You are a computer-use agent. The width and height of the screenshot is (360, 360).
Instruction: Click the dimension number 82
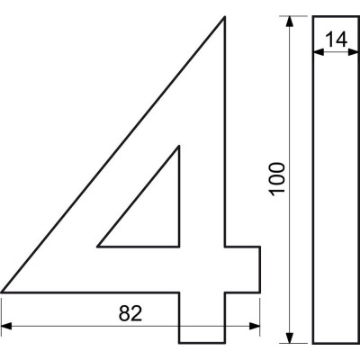point(130,313)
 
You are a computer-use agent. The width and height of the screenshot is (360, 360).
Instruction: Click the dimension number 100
point(276,179)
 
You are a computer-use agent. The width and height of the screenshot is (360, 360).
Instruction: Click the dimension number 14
point(337,40)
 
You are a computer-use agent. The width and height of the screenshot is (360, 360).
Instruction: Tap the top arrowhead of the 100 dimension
point(289,22)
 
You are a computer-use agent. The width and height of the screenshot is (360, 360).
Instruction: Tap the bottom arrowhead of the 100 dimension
point(289,337)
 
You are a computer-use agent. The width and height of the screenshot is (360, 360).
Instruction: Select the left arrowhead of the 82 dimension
point(6,326)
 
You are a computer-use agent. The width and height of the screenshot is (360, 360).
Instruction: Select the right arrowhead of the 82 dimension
point(255,326)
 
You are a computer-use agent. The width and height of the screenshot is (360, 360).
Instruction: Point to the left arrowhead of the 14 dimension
point(319,52)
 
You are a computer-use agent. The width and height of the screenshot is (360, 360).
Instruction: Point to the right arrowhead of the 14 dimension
point(353,52)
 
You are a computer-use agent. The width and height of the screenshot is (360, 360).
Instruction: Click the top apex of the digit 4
point(224,17)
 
